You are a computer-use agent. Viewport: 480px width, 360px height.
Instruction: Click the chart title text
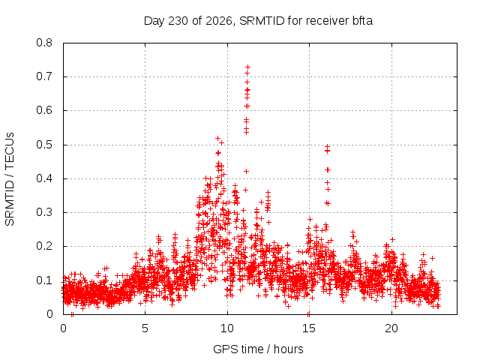click(258, 21)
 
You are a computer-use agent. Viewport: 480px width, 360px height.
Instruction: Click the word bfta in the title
click(362, 21)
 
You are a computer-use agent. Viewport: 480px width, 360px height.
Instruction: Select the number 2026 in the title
click(219, 21)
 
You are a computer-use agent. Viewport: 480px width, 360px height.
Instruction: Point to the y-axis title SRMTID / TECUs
click(10, 179)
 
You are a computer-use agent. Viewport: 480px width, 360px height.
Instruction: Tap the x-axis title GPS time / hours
click(258, 349)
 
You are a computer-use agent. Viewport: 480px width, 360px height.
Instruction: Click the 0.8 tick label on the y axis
click(44, 43)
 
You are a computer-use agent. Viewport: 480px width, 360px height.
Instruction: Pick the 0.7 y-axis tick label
click(44, 76)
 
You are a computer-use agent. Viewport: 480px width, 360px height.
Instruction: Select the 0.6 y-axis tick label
click(44, 110)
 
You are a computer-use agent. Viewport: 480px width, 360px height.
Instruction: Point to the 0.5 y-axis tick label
click(44, 145)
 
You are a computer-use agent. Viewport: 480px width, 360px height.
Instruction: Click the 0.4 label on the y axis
click(44, 178)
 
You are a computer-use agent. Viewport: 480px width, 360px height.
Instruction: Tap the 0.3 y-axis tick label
click(44, 212)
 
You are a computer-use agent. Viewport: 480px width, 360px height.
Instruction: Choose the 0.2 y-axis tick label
click(44, 246)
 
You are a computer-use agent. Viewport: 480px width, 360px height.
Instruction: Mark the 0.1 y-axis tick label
click(44, 280)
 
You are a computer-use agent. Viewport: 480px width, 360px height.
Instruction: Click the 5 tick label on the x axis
click(145, 328)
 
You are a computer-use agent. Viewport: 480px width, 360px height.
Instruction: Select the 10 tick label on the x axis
click(227, 328)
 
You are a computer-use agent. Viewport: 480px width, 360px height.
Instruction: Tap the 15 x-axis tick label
click(309, 328)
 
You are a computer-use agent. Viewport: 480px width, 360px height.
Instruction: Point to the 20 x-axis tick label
click(391, 328)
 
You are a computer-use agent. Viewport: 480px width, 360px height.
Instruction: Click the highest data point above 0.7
click(248, 67)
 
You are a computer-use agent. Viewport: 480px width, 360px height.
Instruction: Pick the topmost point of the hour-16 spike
click(327, 146)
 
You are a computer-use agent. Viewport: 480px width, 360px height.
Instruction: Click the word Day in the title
click(154, 21)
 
